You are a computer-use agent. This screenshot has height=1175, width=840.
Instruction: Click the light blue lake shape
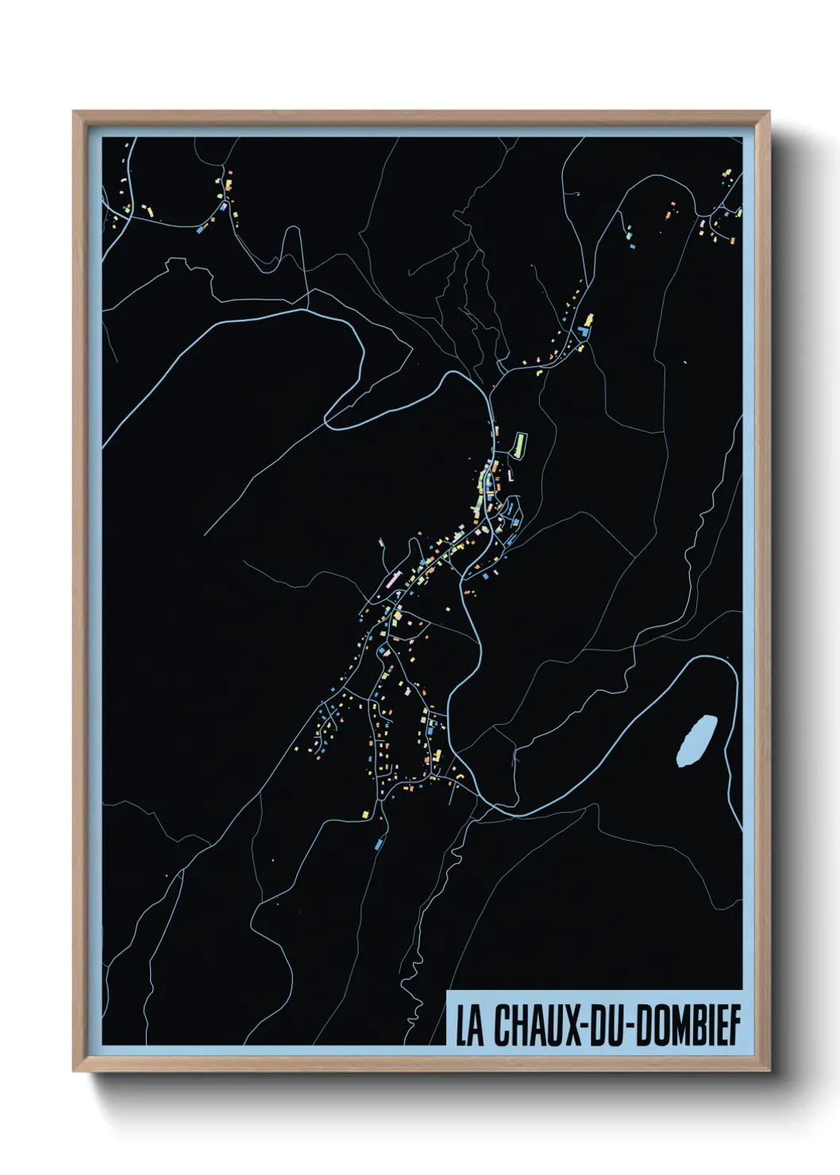[x=696, y=740]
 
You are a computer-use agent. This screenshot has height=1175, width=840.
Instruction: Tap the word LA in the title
[x=469, y=1027]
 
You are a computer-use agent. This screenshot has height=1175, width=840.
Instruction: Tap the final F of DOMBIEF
[x=735, y=1027]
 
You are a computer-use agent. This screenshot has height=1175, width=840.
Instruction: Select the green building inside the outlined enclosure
[x=520, y=444]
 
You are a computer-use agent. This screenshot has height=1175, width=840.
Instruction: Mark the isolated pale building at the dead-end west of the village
[x=381, y=542]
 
